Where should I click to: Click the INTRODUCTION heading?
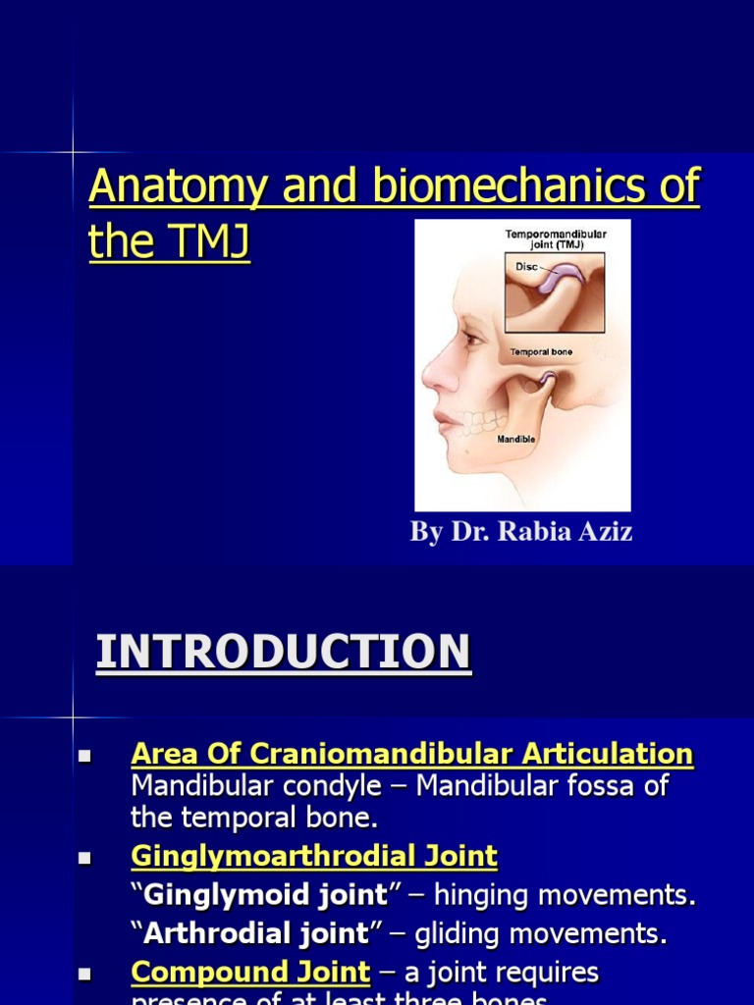tap(283, 653)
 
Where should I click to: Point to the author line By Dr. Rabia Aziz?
tap(521, 533)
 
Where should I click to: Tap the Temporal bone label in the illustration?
tap(542, 350)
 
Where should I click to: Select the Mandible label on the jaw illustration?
tap(514, 440)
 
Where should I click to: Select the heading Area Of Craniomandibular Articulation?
tap(411, 755)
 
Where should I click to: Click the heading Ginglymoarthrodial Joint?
tap(314, 857)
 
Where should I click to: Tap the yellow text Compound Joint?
tap(250, 973)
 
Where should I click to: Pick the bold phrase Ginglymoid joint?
tap(266, 895)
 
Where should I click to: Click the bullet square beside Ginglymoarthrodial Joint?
tap(83, 859)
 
